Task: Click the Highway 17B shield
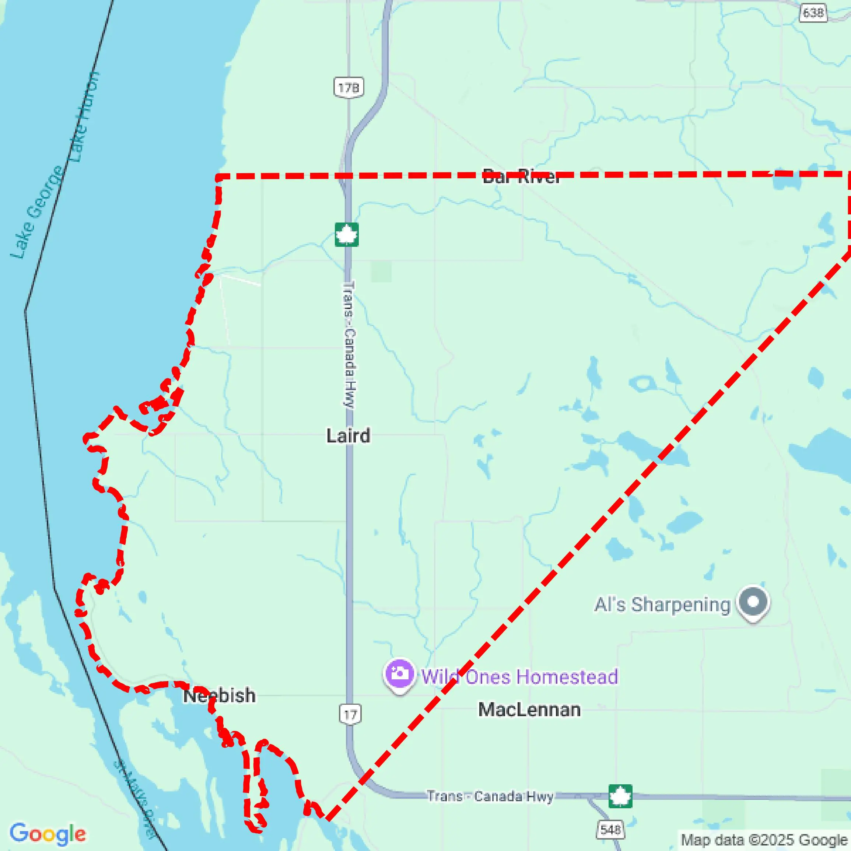349,88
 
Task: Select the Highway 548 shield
610,829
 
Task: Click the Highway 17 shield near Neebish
350,714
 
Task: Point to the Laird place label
348,435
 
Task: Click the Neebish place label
219,696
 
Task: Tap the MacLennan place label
529,710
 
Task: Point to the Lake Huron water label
84,116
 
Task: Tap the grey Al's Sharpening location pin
754,602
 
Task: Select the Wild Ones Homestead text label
520,677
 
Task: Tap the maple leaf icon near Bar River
347,234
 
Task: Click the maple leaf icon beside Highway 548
620,796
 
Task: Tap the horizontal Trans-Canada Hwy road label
490,796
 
